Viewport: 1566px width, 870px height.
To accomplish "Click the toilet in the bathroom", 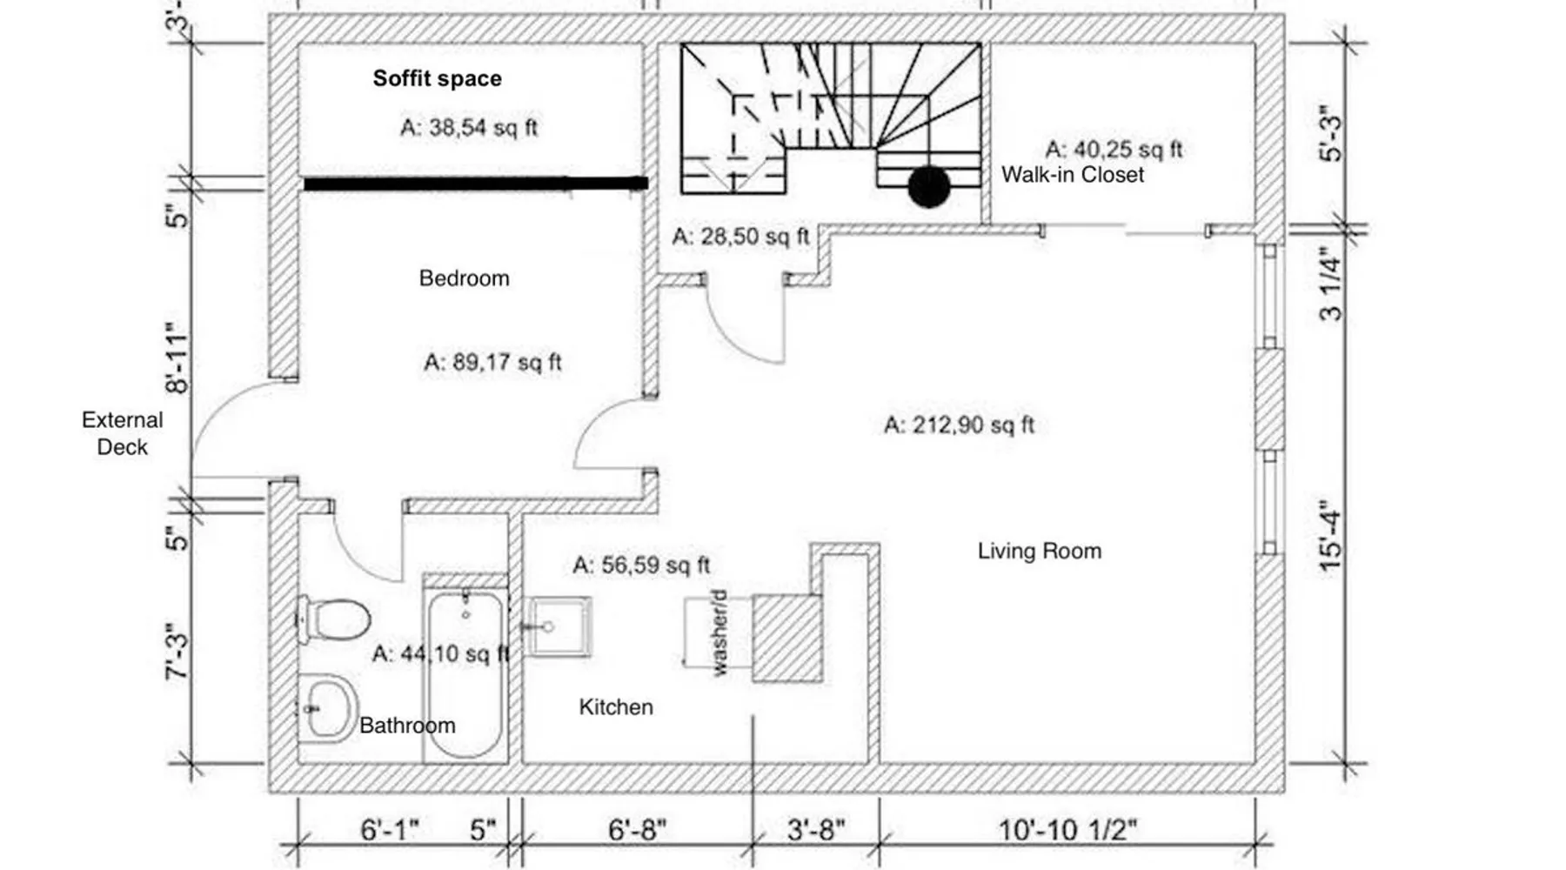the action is pos(332,619).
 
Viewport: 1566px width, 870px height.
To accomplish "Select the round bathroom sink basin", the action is pos(327,708).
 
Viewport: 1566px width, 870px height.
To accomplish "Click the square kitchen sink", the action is pos(559,626).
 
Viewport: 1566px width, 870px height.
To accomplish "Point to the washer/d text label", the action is pos(719,632).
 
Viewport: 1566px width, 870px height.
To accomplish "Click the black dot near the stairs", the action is pos(929,187).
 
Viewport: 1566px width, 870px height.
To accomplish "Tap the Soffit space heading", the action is pos(438,78).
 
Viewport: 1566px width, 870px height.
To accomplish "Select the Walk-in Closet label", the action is pos(1073,175).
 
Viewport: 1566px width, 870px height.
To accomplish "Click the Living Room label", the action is pos(1040,551).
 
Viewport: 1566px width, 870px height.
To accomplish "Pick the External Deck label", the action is pos(123,433).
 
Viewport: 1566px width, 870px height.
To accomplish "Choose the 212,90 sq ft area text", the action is pos(960,425).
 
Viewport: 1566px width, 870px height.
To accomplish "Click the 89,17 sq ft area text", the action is pos(492,362).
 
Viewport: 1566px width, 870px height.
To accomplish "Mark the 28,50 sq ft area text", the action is pos(741,236).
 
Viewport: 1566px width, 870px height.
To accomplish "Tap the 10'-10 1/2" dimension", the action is pos(1067,829).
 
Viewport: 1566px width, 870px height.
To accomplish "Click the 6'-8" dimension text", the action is pos(637,829).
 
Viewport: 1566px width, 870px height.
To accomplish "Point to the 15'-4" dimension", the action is pos(1331,535).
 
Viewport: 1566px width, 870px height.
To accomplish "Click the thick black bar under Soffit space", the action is pos(476,184).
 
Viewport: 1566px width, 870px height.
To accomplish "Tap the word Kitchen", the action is pos(616,706).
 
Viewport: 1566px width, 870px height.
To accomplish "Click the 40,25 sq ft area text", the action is pos(1114,150).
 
